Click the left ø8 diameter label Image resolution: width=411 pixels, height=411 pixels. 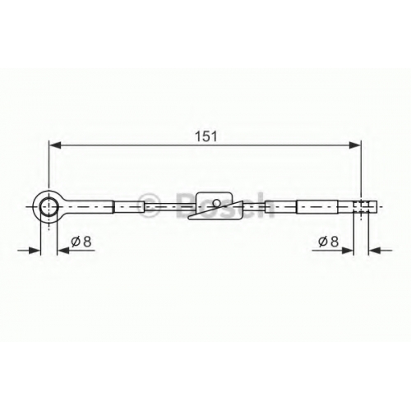[x=81, y=242]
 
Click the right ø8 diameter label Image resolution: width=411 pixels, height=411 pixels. [x=329, y=242]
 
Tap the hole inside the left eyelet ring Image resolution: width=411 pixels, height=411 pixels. [x=49, y=207]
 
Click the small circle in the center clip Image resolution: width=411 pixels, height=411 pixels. [x=217, y=203]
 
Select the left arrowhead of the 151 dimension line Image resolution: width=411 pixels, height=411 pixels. [x=54, y=145]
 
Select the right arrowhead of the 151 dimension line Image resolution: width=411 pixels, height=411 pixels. [x=355, y=145]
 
